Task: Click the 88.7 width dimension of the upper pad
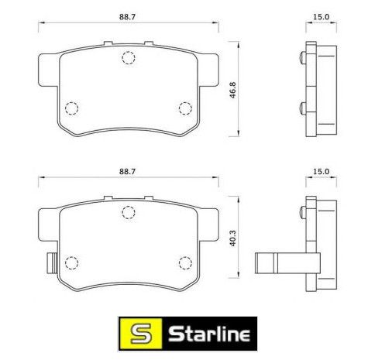pyautogui.click(x=127, y=17)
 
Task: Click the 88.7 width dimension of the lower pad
pyautogui.click(x=127, y=172)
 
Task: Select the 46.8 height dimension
pyautogui.click(x=232, y=90)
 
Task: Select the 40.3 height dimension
pyautogui.click(x=232, y=238)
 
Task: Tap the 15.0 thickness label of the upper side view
pyautogui.click(x=322, y=17)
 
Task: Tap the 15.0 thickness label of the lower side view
pyautogui.click(x=322, y=172)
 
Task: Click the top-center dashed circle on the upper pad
pyautogui.click(x=129, y=57)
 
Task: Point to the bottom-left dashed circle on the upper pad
pyautogui.click(x=71, y=108)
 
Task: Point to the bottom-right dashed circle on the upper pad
pyautogui.click(x=185, y=108)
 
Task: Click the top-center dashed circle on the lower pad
pyautogui.click(x=129, y=212)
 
